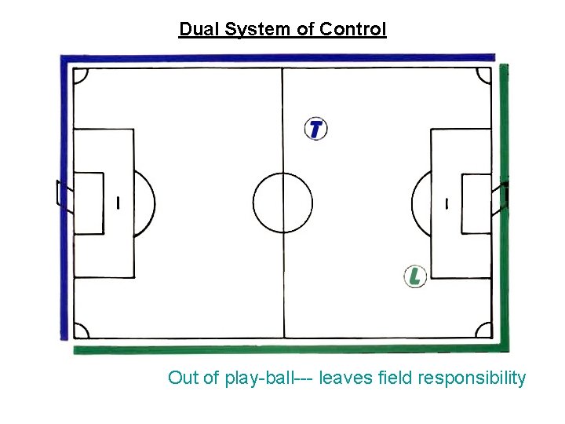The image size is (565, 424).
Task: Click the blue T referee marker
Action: click(x=315, y=129)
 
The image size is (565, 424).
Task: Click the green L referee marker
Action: click(x=415, y=276)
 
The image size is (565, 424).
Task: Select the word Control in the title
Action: click(x=354, y=30)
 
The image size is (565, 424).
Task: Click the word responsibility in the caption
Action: click(x=472, y=378)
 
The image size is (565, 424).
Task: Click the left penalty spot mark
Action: click(x=118, y=203)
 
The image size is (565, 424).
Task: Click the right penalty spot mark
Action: click(x=447, y=203)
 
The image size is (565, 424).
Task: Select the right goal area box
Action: click(x=476, y=203)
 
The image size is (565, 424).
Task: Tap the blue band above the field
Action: click(x=275, y=58)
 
